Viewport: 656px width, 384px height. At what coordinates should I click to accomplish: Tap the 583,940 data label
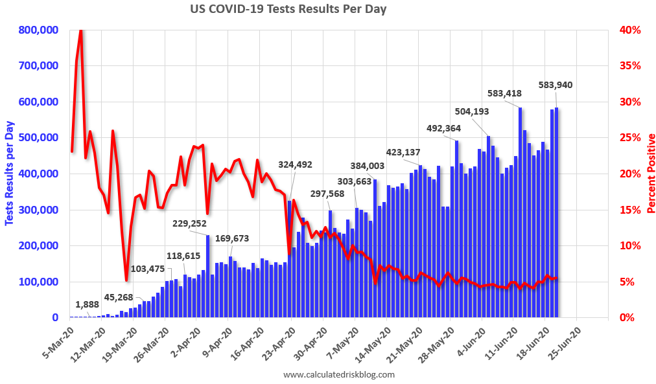click(556, 85)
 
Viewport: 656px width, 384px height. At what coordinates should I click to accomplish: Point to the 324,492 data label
click(299, 164)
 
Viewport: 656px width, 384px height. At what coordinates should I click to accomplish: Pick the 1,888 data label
click(87, 304)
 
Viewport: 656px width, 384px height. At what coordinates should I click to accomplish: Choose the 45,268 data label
click(119, 297)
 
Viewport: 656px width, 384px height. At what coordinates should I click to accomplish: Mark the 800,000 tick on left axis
click(41, 30)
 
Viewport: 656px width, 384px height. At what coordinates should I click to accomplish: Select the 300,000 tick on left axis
click(41, 210)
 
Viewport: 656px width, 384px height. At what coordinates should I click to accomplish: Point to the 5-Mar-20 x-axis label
click(56, 341)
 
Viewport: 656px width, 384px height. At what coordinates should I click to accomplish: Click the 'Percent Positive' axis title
click(650, 174)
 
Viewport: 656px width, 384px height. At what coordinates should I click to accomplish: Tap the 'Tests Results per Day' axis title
click(9, 174)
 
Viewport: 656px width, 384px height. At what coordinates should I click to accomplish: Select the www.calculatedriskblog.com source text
click(339, 374)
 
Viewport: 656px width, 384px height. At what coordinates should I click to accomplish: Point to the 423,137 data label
click(403, 153)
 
